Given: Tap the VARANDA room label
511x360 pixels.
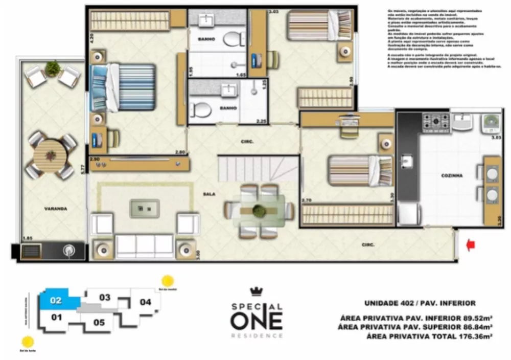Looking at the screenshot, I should (55, 209).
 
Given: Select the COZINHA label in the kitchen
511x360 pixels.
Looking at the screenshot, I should (452, 175).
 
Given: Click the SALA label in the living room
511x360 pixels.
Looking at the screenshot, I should (208, 194).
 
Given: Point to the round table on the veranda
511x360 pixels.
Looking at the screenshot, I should (50, 155).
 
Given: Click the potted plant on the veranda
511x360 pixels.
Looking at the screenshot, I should (53, 68).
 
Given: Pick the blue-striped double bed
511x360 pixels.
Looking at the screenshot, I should (124, 87).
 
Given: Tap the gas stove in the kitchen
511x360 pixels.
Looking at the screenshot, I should (435, 123).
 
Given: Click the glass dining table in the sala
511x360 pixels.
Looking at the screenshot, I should (260, 210).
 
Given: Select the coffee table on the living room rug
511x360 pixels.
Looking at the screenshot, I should (144, 208).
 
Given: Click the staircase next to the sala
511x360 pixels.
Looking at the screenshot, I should (257, 169).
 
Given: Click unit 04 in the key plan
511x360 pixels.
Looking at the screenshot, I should (146, 302).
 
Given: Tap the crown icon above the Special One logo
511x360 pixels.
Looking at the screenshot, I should (256, 292).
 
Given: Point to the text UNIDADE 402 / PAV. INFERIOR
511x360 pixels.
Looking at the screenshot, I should (420, 303).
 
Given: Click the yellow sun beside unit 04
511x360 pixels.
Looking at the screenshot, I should (168, 281).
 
